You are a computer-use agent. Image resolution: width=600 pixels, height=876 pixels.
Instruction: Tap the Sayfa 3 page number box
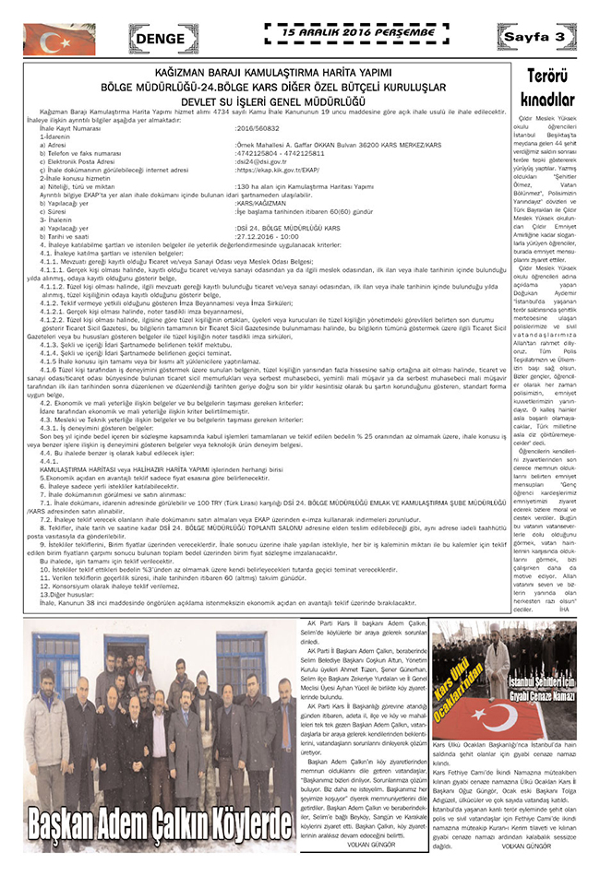coord(547,36)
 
